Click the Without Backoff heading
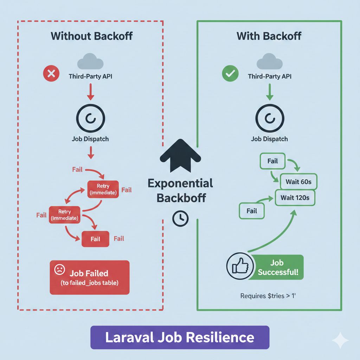coord(91,36)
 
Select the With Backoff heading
coord(269,36)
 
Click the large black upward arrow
coord(180,155)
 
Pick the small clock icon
coord(180,218)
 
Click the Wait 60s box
coord(298,182)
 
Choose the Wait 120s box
coord(295,198)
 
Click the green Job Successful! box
coord(277,267)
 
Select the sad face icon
coord(59,270)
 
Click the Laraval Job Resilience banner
coord(180,337)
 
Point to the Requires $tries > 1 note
coord(269,296)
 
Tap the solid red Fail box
coord(95,239)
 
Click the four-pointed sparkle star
coord(340,340)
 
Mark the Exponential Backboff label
coord(180,190)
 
